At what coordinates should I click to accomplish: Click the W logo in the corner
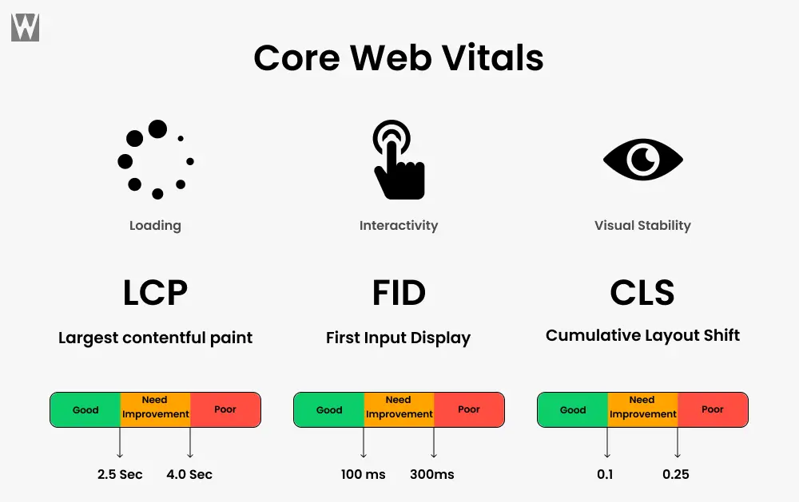25,27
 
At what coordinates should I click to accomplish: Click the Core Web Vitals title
399,57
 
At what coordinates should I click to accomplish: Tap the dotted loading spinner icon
156,160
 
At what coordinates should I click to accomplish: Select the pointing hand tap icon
399,160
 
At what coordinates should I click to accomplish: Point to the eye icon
643,160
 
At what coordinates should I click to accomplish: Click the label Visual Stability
642,225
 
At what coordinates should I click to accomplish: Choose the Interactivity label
399,226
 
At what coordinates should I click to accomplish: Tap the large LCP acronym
156,292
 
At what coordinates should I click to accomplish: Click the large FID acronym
399,292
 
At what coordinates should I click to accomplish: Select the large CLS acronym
642,292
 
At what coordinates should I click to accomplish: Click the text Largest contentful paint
156,338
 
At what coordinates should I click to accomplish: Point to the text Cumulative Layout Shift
642,335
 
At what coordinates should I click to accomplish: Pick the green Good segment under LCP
85,410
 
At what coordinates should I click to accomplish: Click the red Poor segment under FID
469,410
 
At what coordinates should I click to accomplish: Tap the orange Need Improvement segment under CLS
642,410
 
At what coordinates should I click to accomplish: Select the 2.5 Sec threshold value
120,475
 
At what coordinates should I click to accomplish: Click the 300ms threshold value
432,475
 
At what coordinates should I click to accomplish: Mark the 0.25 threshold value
676,475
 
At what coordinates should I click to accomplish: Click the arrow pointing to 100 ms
364,442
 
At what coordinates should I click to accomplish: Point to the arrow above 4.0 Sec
190,442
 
